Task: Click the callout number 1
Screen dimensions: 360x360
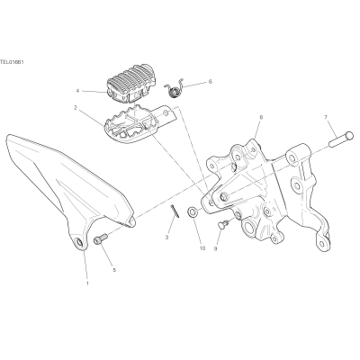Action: (x=87, y=283)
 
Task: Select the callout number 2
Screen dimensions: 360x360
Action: (x=76, y=107)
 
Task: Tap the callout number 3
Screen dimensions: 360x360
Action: (x=166, y=238)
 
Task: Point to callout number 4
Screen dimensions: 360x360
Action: (x=77, y=91)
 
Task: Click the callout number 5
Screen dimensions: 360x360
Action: (x=114, y=270)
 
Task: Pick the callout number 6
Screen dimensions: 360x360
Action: (x=210, y=82)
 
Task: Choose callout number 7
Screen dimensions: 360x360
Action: (x=326, y=117)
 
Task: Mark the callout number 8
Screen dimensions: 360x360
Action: (x=261, y=117)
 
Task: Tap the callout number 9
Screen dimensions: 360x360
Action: (x=215, y=248)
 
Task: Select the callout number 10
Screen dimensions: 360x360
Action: (x=202, y=248)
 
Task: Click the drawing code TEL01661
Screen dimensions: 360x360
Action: (x=12, y=62)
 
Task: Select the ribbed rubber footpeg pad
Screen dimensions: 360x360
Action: (x=128, y=83)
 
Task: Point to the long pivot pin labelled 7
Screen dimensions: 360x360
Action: (x=341, y=139)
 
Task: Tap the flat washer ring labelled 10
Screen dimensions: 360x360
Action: (x=192, y=212)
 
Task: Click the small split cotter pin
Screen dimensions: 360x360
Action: (x=175, y=211)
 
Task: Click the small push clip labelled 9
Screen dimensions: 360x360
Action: (x=224, y=225)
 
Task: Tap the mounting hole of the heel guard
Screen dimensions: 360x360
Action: (x=79, y=243)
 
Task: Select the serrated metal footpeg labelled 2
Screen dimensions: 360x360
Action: (x=139, y=124)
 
